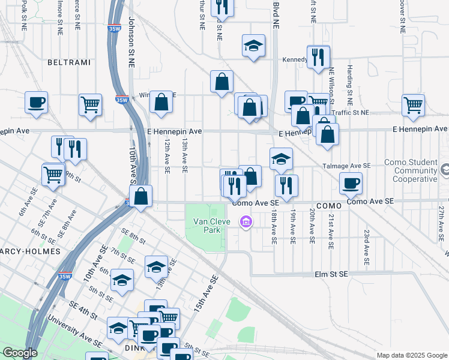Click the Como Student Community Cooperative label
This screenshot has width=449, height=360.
(x=411, y=171)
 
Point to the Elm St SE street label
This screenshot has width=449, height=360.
(x=331, y=274)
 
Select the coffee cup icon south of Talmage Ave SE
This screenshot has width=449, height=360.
(x=351, y=183)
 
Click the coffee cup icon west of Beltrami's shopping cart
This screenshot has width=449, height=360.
(x=36, y=101)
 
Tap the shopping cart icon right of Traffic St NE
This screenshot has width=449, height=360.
(x=413, y=104)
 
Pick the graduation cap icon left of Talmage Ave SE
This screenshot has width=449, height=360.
(x=281, y=158)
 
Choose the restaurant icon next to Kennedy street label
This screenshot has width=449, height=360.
(x=318, y=57)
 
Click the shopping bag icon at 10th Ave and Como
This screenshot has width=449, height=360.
(x=140, y=196)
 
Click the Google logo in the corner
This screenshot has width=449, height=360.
(x=19, y=353)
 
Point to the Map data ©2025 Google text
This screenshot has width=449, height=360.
(x=411, y=355)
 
